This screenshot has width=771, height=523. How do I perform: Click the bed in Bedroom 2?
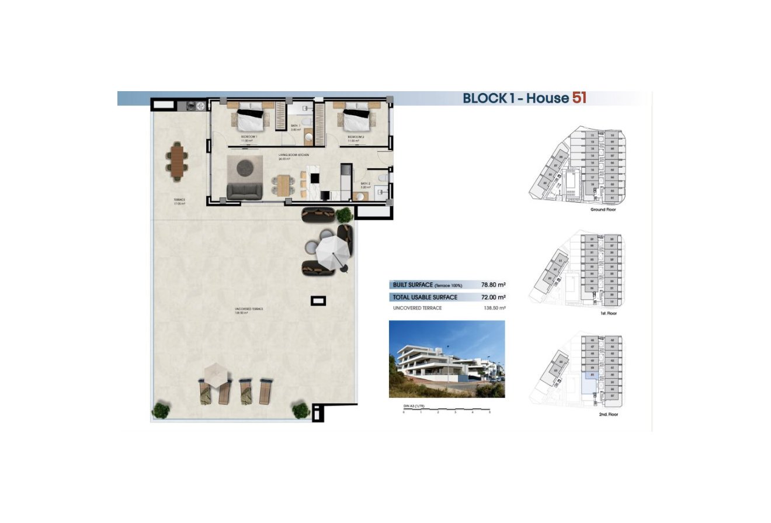tap(356, 119)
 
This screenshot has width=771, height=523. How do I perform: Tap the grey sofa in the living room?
tap(244, 191)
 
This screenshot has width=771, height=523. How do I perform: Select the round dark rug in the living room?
tap(246, 168)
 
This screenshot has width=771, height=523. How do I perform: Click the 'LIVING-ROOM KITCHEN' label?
tap(293, 155)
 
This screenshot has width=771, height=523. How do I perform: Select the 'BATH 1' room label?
tap(296, 126)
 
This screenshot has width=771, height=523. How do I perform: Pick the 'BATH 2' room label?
tap(365, 184)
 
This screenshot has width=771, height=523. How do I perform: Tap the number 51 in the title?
tap(579, 98)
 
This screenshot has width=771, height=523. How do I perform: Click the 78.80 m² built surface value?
tap(493, 285)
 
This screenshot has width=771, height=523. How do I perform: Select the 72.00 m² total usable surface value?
tap(493, 297)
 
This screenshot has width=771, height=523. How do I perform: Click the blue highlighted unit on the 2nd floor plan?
tap(589, 384)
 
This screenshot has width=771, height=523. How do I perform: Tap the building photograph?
tap(447, 359)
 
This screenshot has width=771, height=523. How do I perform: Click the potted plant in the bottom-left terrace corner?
tap(161, 410)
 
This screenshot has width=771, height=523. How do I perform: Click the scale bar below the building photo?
tap(447, 411)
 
